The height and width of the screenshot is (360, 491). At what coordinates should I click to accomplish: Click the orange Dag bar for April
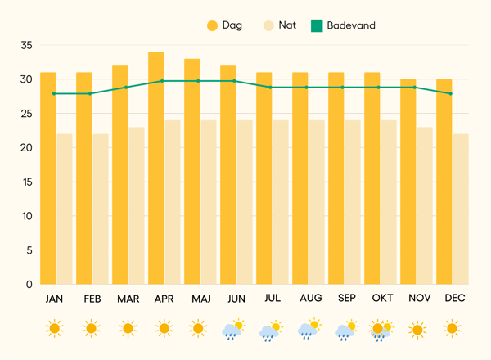click(156, 168)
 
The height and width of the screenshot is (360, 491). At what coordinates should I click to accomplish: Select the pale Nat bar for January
click(65, 209)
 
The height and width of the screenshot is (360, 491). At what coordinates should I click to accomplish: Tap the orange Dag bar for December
click(444, 182)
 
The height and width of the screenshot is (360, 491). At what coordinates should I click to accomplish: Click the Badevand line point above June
click(235, 81)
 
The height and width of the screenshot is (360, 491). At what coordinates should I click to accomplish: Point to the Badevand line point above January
click(54, 93)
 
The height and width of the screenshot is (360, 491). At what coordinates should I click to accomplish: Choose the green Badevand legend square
click(318, 26)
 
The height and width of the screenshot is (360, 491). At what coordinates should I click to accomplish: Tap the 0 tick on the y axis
click(29, 284)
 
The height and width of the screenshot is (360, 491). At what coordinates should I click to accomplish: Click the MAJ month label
click(201, 299)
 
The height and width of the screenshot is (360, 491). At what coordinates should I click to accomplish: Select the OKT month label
click(382, 299)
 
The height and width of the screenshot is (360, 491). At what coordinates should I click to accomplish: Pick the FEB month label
click(92, 299)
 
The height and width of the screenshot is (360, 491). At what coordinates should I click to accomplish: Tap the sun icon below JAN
click(54, 329)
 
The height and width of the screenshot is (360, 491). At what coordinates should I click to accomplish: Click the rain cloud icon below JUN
click(233, 330)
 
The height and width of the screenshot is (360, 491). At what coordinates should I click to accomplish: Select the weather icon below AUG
click(308, 330)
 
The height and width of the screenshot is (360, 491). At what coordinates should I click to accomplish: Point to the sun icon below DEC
click(452, 329)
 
